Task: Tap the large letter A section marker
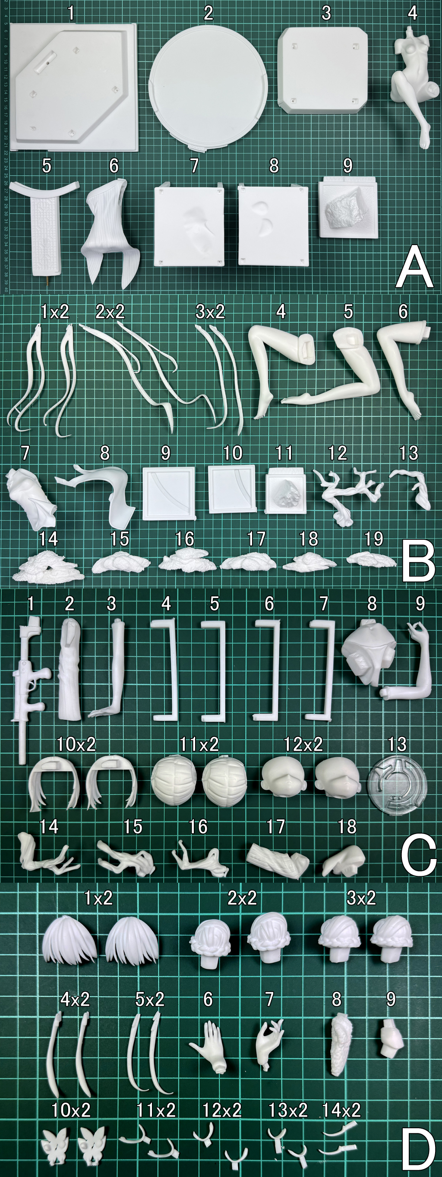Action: coord(414,267)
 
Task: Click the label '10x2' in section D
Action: coord(71,1110)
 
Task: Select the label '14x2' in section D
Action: coord(341,1110)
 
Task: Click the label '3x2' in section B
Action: coord(210,312)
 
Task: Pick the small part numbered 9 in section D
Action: coord(391,1045)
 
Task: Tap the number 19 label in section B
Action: coord(373,539)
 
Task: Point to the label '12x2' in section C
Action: coord(303,744)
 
